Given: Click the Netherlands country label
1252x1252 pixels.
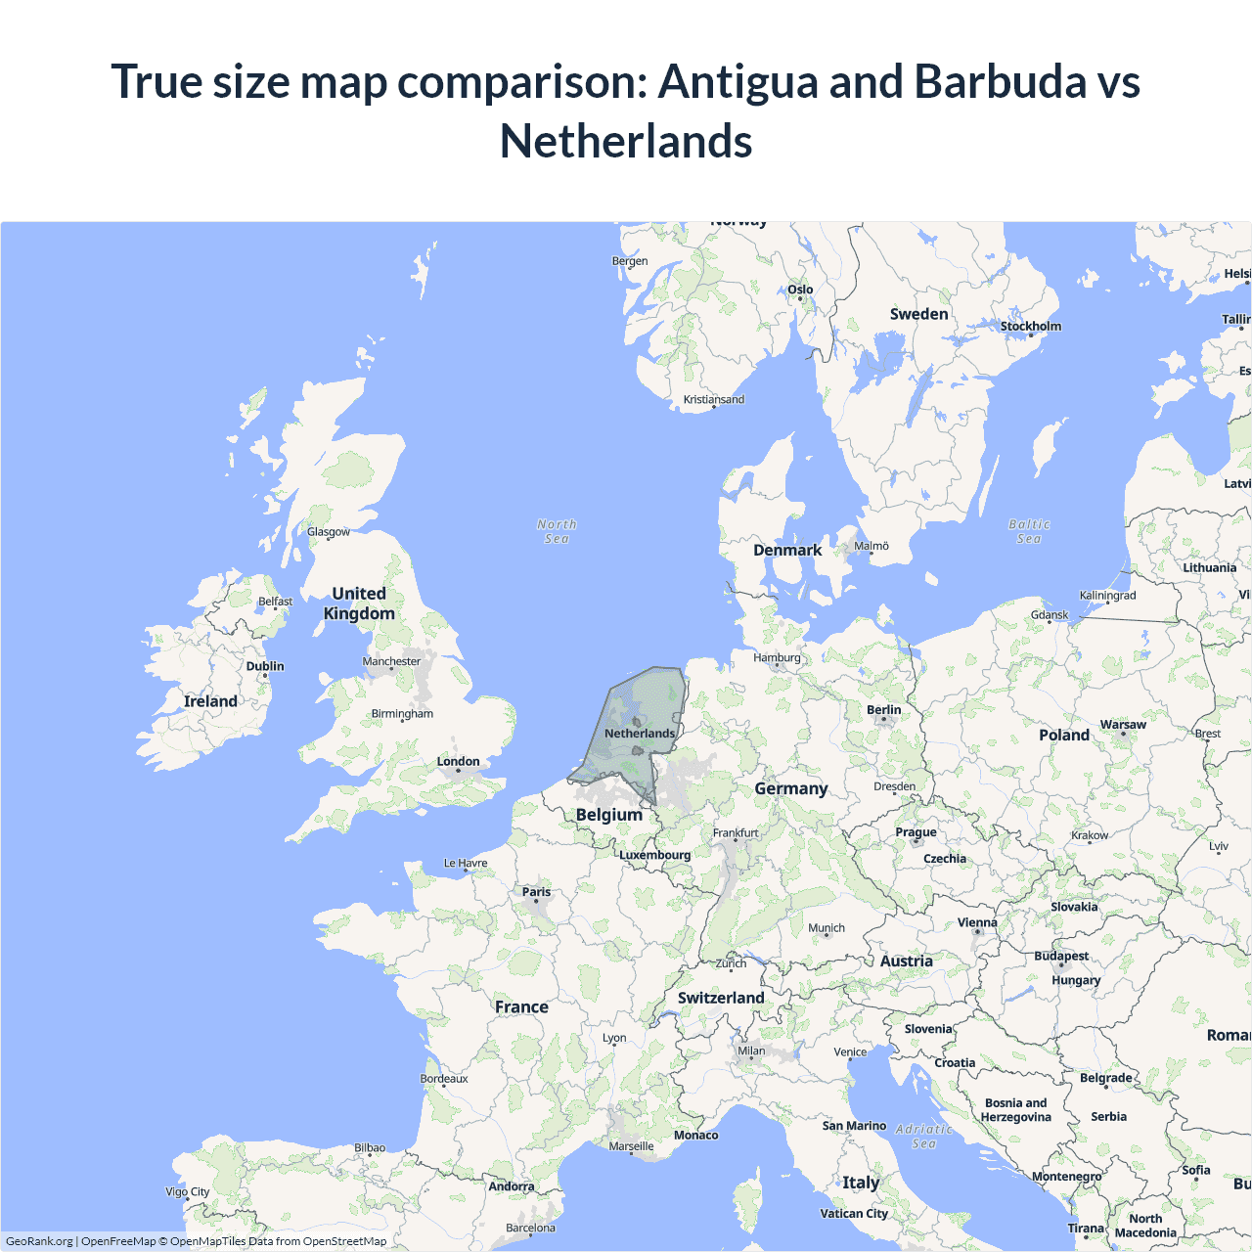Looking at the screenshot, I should (x=640, y=734).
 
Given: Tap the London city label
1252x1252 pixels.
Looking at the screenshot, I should (x=458, y=762).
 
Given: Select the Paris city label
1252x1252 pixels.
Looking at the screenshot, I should (x=536, y=892).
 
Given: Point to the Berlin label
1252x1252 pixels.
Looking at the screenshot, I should (x=883, y=710).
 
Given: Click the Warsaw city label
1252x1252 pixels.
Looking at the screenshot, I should (x=1123, y=725).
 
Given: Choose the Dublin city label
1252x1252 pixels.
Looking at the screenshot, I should (x=265, y=666).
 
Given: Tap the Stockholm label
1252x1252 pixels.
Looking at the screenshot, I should (x=1030, y=327).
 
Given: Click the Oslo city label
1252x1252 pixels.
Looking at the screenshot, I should (x=800, y=290).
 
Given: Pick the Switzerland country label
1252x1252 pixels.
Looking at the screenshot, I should (x=721, y=998).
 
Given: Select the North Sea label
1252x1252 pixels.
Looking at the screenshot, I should (x=557, y=531).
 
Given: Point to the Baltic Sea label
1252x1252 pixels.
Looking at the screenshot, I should (x=1029, y=531).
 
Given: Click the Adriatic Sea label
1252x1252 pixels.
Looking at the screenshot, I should (x=924, y=1136).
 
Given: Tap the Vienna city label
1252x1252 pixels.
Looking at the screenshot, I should (x=977, y=922).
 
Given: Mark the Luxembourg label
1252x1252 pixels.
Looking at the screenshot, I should (x=654, y=855).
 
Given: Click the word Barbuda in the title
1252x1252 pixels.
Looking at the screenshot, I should (x=1000, y=81).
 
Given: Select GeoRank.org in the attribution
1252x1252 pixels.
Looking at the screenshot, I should (x=39, y=1241).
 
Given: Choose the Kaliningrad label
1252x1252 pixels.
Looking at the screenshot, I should (x=1107, y=596).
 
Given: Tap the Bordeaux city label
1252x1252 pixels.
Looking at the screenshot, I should (x=444, y=1079).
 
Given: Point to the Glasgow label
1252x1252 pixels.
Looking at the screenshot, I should (x=329, y=532).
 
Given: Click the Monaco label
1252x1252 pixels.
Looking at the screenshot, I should (x=695, y=1136).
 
